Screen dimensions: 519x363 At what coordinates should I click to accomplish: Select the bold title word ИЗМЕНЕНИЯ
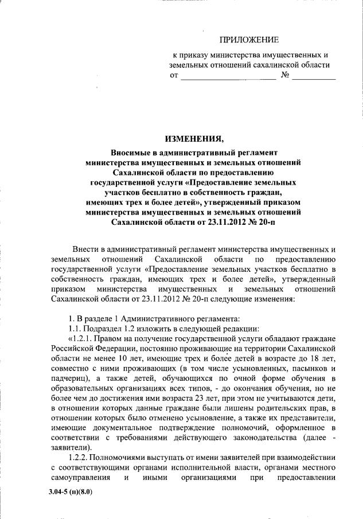pos(193,139)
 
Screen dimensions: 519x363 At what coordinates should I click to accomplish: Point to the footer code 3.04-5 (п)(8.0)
pos(71,492)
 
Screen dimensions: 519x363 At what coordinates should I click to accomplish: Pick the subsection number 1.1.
pos(76,329)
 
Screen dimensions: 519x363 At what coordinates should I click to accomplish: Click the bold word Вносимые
pos(130,153)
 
